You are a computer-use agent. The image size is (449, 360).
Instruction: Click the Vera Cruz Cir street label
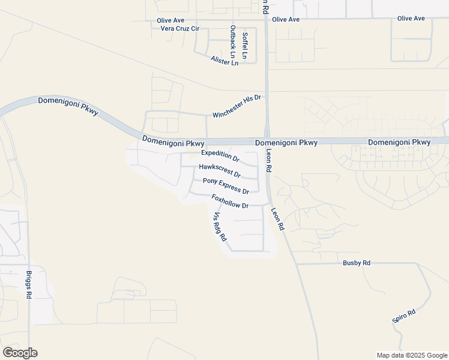[x=175, y=29]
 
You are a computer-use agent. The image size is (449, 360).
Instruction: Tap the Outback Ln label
[x=233, y=42]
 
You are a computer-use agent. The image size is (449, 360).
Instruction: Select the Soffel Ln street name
[x=245, y=45]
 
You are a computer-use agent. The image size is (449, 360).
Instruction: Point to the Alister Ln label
[x=224, y=61]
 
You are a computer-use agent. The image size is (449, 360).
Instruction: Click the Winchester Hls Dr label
[x=238, y=106]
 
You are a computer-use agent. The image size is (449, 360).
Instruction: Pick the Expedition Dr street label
[x=220, y=156]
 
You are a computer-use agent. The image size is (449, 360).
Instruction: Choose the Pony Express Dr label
[x=226, y=186]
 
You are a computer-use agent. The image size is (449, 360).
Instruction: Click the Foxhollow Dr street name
[x=230, y=201]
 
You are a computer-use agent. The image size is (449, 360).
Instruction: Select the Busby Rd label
[x=357, y=263]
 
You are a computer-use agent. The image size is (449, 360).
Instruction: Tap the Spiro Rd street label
[x=404, y=317]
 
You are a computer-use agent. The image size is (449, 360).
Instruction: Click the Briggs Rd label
[x=29, y=285]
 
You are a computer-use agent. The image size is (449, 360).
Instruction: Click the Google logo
[x=20, y=353]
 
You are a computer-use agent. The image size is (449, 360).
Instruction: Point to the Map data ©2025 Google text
[x=412, y=355]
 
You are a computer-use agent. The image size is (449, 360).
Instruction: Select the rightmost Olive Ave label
[x=411, y=19]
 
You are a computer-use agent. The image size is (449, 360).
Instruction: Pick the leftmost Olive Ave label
[x=170, y=20]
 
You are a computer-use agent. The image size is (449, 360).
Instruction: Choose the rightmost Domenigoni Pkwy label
[x=399, y=142]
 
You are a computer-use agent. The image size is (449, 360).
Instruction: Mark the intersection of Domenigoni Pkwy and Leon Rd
[x=267, y=140]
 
